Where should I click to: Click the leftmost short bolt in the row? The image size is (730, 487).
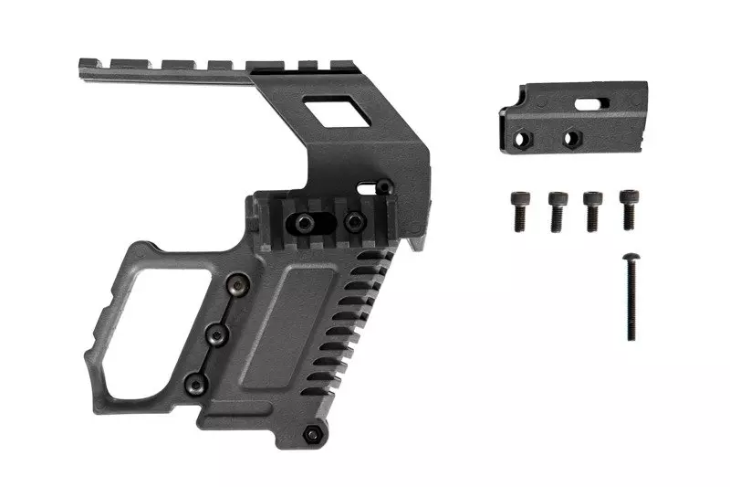pyautogui.click(x=517, y=209)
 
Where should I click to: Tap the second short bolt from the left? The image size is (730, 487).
pyautogui.click(x=556, y=209)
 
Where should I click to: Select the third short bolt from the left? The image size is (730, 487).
pyautogui.click(x=593, y=209)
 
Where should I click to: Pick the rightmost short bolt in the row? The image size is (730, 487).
pyautogui.click(x=630, y=208)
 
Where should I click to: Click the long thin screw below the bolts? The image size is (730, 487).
pyautogui.click(x=631, y=298)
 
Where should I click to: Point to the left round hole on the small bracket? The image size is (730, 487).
pyautogui.click(x=524, y=139)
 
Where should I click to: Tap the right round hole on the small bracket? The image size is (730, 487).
pyautogui.click(x=572, y=139)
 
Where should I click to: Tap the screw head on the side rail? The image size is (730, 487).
pyautogui.click(x=352, y=220)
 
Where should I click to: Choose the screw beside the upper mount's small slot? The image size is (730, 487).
pyautogui.click(x=385, y=186)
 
